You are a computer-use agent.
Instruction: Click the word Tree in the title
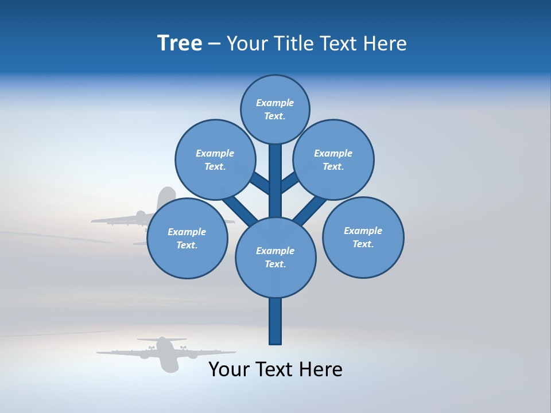(x=180, y=44)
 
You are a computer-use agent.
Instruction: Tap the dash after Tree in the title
(x=214, y=44)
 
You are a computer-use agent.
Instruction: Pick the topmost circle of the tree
(x=275, y=109)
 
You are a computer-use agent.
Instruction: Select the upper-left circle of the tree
(x=215, y=159)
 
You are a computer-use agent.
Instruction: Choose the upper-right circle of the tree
(x=333, y=159)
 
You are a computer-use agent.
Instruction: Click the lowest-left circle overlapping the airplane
(x=187, y=238)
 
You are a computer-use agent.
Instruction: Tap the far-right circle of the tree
(x=363, y=237)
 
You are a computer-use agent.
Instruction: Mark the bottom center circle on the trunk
(x=275, y=257)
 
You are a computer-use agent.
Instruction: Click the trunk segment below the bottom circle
(x=275, y=321)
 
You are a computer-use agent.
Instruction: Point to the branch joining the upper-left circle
(x=259, y=184)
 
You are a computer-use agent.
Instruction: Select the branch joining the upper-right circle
(x=290, y=182)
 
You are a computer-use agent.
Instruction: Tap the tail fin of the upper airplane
(x=166, y=196)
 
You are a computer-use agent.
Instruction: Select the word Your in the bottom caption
(x=230, y=369)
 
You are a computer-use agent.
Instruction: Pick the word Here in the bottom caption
(x=322, y=369)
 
